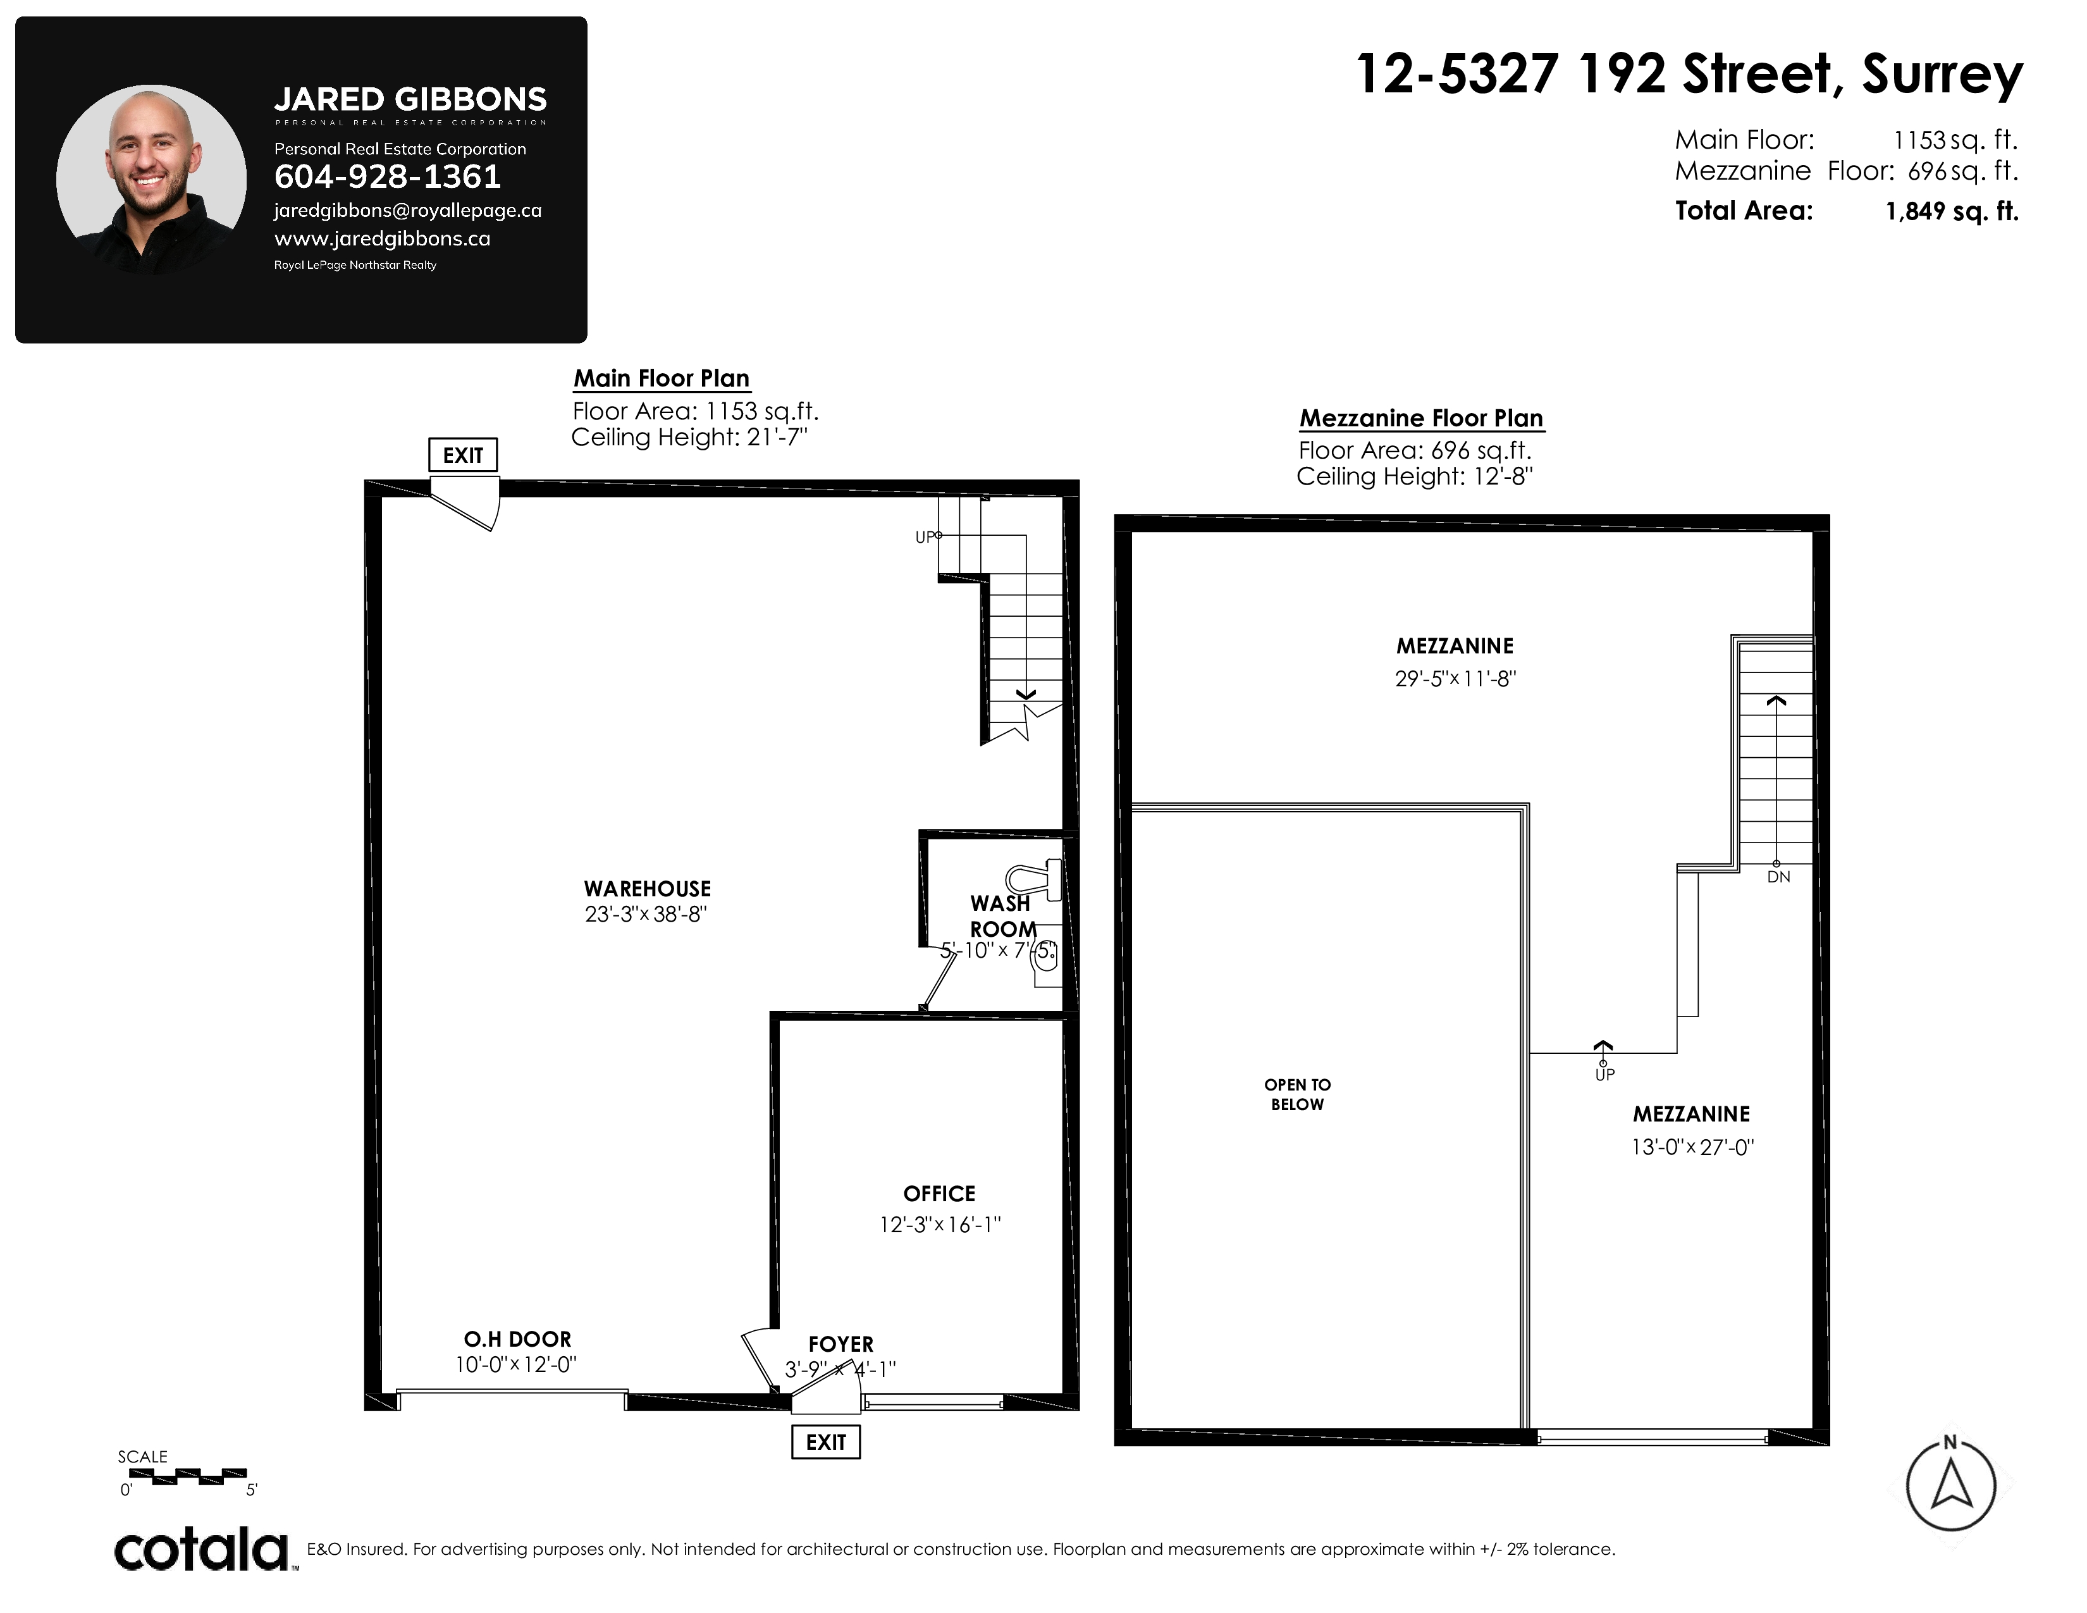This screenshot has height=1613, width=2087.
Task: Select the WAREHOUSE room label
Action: pos(648,889)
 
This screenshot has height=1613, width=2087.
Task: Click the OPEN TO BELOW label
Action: pos(1296,1094)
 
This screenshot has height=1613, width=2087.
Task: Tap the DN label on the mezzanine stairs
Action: pos(1778,876)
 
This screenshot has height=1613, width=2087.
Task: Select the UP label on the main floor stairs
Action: pos(924,537)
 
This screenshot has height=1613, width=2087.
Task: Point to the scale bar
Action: pos(187,1476)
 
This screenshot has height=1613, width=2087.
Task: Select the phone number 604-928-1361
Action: pos(387,176)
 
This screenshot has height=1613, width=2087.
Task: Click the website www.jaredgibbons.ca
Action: pos(382,239)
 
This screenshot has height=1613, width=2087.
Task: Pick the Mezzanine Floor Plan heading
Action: pos(1421,419)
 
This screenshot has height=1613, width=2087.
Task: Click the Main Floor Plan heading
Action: pos(662,378)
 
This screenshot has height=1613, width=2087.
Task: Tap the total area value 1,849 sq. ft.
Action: pos(1952,211)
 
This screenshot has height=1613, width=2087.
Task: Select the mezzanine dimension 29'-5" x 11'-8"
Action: pos(1455,679)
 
